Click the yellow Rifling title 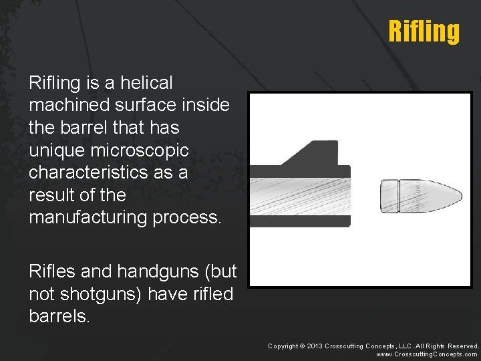[424, 31]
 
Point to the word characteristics [86, 172]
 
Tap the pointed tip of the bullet [459, 196]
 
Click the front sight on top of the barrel [315, 153]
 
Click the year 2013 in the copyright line [315, 346]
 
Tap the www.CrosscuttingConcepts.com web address [427, 354]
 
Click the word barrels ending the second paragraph [59, 316]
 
